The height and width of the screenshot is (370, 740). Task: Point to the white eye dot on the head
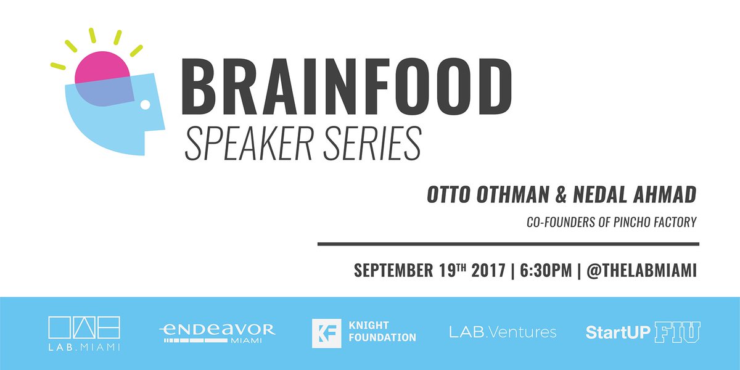click(x=146, y=105)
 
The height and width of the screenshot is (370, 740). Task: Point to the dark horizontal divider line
click(x=508, y=244)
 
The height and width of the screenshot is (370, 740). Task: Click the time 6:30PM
click(x=543, y=271)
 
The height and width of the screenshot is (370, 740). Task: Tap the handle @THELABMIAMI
click(x=641, y=271)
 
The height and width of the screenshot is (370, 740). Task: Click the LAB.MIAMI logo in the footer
click(x=84, y=333)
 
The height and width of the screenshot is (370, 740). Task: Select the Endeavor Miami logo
click(x=216, y=332)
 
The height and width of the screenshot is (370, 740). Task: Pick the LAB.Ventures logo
click(x=503, y=332)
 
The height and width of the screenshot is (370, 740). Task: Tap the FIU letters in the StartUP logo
click(x=677, y=332)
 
